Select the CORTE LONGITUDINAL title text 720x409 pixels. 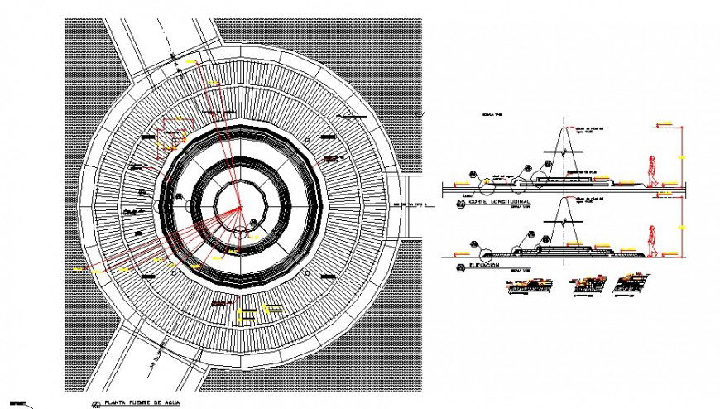(499, 202)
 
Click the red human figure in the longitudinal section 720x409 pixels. (653, 171)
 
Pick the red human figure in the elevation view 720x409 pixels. (653, 241)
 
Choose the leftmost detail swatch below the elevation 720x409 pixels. (526, 286)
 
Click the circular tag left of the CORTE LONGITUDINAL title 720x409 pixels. (460, 201)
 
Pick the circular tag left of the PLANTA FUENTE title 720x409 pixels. (97, 403)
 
